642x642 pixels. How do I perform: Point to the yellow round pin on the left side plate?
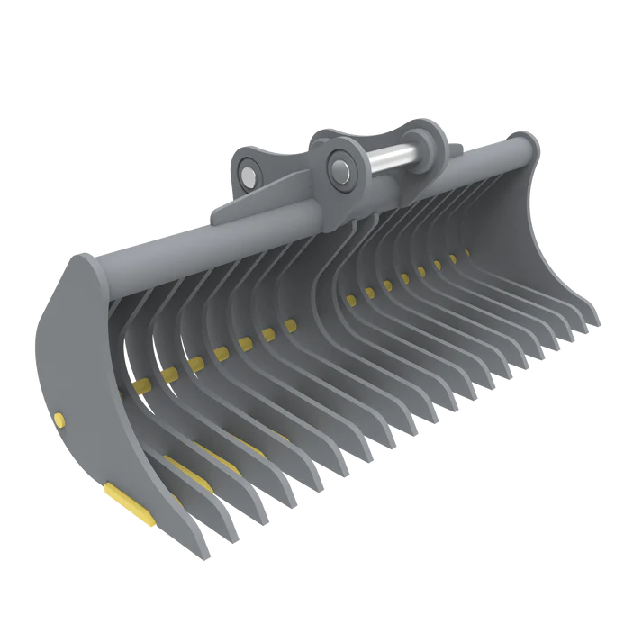point(59,417)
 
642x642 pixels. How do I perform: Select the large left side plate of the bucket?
point(86,378)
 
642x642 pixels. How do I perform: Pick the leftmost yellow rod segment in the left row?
point(140,387)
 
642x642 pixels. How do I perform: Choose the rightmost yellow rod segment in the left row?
point(290,325)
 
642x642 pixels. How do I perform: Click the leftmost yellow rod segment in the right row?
point(349,299)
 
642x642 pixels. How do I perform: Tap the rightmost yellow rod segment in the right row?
point(466,252)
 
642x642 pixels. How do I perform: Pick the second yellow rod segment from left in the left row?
point(167,374)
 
